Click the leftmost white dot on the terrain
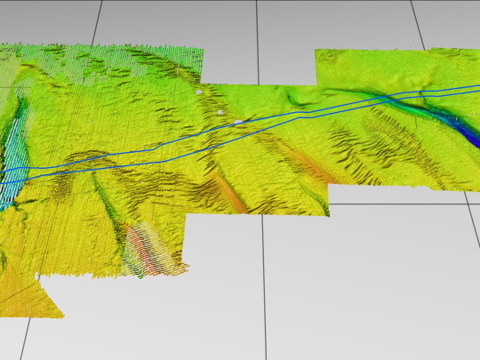[x=199, y=91]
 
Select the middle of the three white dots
[x=220, y=113]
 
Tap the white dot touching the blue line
[x=238, y=121]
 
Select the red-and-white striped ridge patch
[x=142, y=250]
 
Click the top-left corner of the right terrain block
[x=316, y=51]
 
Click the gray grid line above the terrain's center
[x=257, y=36]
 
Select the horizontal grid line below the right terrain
[x=400, y=204]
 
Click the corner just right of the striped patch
[x=189, y=265]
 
